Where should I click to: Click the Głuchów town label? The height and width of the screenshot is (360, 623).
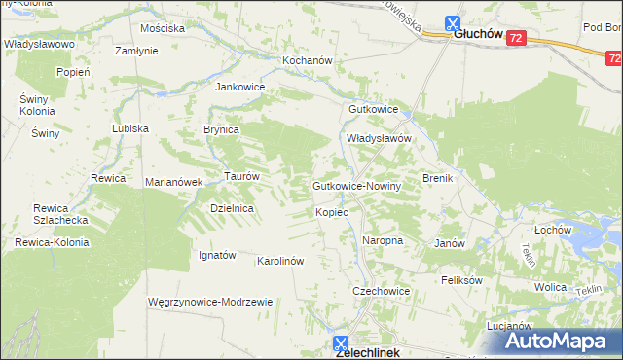tap(478, 35)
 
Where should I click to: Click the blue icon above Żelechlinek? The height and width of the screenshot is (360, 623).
tap(341, 342)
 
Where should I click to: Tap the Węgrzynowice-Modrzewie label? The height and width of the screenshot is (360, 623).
tap(209, 302)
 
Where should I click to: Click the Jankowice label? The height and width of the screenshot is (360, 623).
tap(239, 86)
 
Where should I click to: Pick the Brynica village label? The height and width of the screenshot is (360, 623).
tap(221, 128)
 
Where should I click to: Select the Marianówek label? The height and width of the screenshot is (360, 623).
tap(172, 182)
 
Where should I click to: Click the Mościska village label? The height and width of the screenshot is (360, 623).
tap(163, 28)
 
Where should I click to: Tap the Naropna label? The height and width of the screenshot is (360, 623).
tap(383, 239)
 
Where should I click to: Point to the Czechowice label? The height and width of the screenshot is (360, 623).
tap(381, 291)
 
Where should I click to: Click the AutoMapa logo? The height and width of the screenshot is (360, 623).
tap(559, 341)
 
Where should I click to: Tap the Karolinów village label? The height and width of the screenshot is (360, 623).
tap(281, 261)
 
